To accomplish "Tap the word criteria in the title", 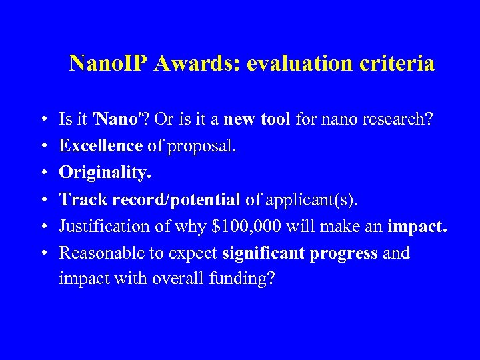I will [399, 64].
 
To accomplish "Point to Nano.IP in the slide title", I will [111, 64].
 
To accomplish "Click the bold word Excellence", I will [101, 146].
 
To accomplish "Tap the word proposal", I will [202, 146].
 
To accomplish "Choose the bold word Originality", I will [105, 173].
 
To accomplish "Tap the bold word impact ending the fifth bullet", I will [417, 226].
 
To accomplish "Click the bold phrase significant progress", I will [300, 253].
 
